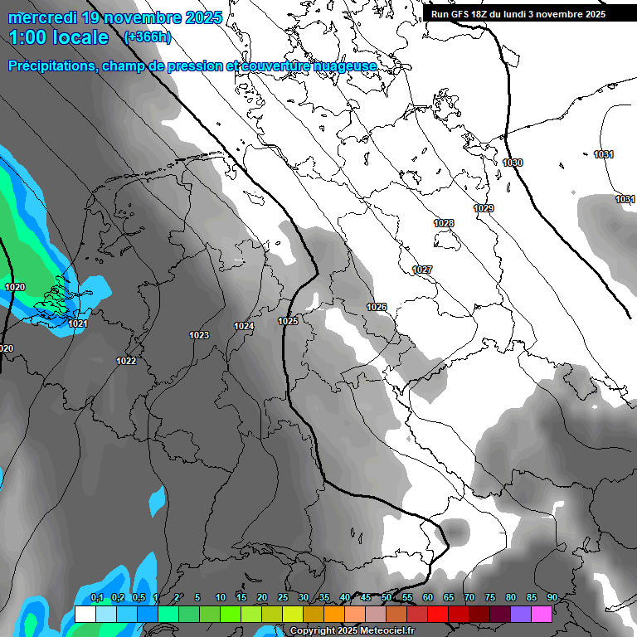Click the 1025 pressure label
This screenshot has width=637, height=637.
tap(288, 321)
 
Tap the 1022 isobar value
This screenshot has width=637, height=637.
tap(126, 361)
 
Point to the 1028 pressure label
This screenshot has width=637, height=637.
tap(444, 223)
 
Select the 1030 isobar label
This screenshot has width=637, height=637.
tap(513, 163)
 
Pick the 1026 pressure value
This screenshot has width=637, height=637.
tap(377, 307)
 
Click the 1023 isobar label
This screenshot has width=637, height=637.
tap(199, 335)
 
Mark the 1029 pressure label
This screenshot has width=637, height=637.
tap(484, 208)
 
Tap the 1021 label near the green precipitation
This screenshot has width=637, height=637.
tap(78, 323)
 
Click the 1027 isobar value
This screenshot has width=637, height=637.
tap(422, 270)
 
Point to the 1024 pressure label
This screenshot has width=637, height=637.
tap(244, 326)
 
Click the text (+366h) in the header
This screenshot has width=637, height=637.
tap(147, 36)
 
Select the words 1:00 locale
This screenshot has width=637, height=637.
tap(59, 37)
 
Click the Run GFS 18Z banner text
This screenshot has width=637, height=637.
tap(518, 14)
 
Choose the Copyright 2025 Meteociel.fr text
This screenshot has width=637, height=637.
tap(351, 631)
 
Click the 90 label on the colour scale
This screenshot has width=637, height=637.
tap(552, 598)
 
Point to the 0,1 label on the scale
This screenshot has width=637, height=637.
tap(96, 598)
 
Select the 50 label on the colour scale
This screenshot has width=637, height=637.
tap(387, 598)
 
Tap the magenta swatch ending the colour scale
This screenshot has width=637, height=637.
tap(542, 614)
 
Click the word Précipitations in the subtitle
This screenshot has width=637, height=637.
tap(51, 66)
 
